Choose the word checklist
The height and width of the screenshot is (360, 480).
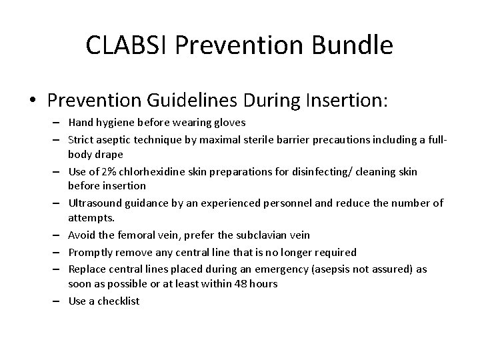coord(118,301)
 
